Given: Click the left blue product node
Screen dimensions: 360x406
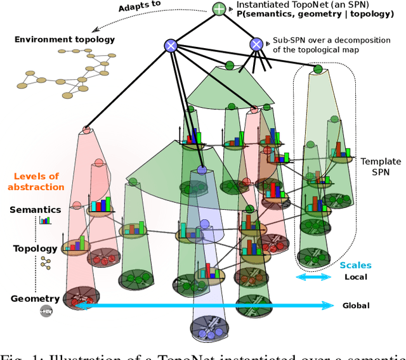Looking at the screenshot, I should tap(170, 45).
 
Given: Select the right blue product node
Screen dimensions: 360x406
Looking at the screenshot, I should tap(256, 44).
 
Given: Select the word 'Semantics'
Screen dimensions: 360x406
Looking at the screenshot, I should tap(35, 209).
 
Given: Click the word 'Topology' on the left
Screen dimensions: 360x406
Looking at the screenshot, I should tap(36, 248).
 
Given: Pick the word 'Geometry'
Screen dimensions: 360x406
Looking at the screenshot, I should tap(35, 298).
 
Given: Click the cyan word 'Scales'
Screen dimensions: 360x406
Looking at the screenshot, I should tap(355, 266).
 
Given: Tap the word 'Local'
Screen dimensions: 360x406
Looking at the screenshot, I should tap(355, 277).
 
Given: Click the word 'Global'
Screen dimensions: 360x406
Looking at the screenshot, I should tap(356, 305).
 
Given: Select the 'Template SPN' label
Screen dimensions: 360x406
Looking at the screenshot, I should tap(381, 167).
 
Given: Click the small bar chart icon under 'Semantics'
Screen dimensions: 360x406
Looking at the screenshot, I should tap(45, 221).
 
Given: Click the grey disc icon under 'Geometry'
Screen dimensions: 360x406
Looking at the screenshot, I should tap(46, 310).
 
